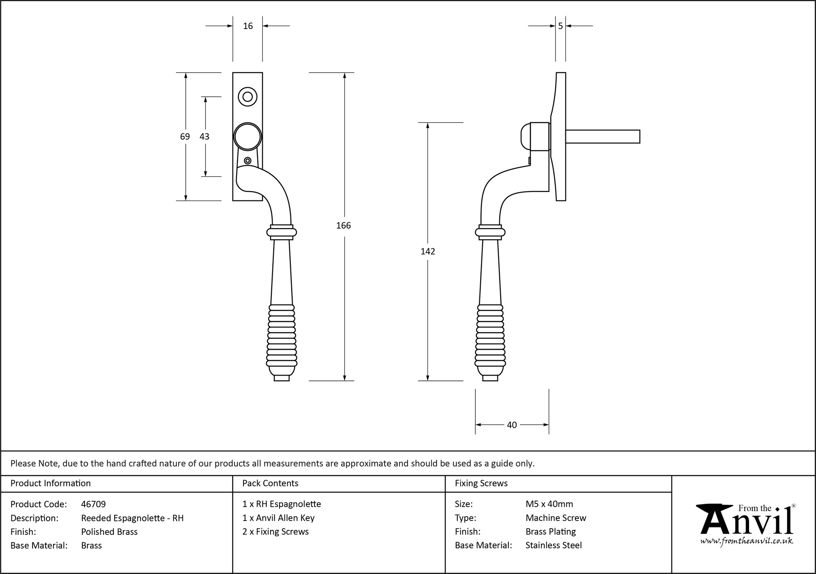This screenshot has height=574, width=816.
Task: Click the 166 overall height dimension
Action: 343,225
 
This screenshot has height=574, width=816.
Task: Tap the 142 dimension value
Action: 428,251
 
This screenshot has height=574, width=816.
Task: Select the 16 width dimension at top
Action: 248,26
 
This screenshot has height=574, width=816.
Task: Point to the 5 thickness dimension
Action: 560,26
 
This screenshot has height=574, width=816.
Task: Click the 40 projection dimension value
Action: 512,425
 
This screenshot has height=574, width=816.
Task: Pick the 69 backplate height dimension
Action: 185,136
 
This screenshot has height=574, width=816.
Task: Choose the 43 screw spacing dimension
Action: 204,136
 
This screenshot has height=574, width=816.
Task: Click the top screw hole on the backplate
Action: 247,97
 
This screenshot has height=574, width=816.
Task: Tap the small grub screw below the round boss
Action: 247,160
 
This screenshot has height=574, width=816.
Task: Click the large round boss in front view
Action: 247,136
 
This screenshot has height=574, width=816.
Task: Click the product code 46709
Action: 93,504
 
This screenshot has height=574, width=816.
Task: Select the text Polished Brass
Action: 109,532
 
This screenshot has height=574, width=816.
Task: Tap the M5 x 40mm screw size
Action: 549,504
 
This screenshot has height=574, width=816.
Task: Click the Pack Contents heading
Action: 270,483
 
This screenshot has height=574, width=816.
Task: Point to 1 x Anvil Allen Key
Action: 278,518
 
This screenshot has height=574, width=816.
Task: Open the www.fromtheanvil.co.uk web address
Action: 747,541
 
